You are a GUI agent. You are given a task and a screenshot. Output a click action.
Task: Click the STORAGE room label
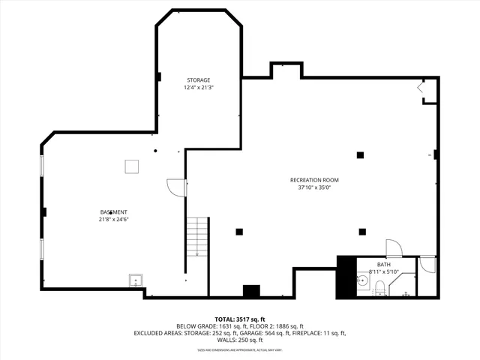point(198,79)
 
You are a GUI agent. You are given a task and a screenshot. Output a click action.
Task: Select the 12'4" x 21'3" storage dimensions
point(198,88)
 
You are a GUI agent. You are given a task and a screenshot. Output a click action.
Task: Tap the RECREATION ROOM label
point(315,180)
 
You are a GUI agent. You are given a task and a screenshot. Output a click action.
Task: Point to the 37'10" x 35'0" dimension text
point(315,188)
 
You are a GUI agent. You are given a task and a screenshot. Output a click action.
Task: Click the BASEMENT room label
point(113,212)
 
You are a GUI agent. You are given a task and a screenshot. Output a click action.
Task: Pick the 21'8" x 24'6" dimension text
point(113,220)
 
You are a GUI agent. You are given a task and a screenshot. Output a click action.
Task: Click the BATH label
point(383,264)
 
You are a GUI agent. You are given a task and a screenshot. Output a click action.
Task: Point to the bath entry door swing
point(393,249)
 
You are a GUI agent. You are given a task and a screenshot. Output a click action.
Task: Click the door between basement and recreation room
point(175,187)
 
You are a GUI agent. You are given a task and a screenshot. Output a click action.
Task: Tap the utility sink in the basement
point(136,280)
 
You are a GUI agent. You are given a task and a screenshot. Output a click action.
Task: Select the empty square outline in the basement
point(132,166)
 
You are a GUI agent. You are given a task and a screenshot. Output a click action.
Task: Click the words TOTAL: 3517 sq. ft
point(239,319)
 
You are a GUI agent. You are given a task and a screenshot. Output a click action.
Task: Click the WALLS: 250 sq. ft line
point(239,340)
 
